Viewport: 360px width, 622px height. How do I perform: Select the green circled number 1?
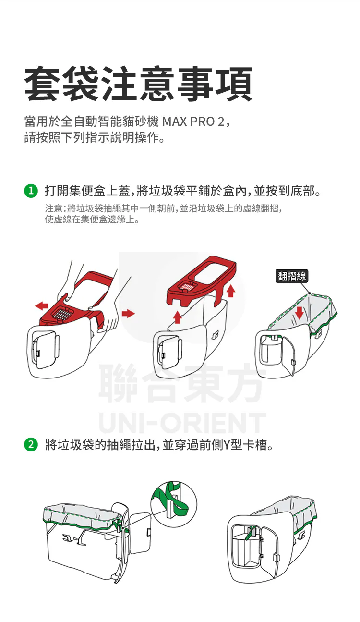pos(30,191)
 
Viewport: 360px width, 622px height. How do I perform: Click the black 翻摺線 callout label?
pos(292,276)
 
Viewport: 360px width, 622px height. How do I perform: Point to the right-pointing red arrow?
pos(128,313)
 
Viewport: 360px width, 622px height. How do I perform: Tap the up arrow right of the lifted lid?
pos(231,290)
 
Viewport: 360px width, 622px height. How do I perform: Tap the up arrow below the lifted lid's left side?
pos(177,316)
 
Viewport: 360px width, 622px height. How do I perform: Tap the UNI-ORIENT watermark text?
pos(181,424)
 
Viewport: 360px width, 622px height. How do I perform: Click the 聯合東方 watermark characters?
pos(180,384)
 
